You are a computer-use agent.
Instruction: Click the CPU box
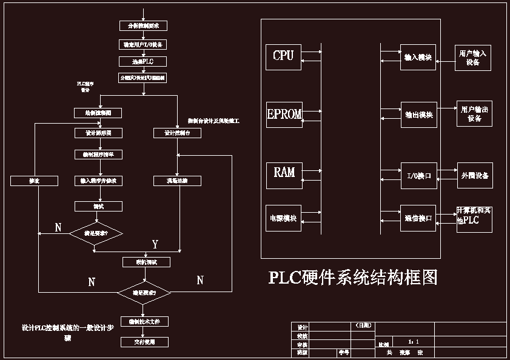[283, 56]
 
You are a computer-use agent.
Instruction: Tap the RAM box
[284, 173]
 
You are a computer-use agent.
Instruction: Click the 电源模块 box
[284, 219]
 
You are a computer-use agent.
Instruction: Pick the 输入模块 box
[418, 58]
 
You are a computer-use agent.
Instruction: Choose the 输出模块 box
[418, 115]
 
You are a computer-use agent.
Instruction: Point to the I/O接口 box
[418, 176]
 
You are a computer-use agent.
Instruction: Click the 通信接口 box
[418, 219]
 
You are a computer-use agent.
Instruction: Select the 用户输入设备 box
[474, 58]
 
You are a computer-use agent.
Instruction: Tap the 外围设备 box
[475, 175]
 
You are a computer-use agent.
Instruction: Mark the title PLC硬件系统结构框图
[353, 278]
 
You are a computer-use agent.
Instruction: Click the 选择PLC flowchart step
[143, 62]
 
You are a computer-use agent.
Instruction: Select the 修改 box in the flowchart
[34, 181]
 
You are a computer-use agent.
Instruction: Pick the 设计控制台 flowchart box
[176, 133]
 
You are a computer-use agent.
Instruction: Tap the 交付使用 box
[144, 342]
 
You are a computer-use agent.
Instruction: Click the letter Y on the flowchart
[155, 244]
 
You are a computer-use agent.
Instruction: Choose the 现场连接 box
[176, 181]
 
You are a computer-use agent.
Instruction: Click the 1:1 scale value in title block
[414, 342]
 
